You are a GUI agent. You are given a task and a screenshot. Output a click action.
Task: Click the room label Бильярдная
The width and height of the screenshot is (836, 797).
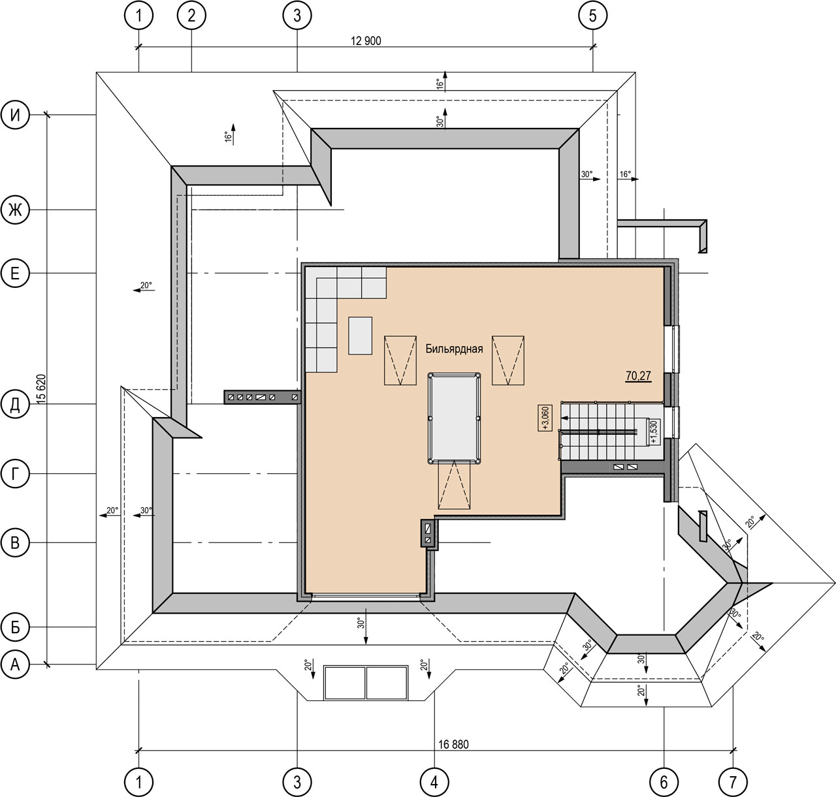tap(454, 349)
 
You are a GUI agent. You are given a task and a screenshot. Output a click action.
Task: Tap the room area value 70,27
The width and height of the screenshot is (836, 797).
tap(638, 375)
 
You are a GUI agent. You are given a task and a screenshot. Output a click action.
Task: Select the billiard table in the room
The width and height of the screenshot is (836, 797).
tap(454, 418)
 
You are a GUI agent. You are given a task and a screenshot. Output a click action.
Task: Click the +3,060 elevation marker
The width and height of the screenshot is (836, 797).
tap(545, 418)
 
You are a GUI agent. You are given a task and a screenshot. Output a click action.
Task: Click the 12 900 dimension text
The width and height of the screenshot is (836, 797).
tap(366, 41)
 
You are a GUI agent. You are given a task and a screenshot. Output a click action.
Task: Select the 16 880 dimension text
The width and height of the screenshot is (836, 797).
tap(453, 744)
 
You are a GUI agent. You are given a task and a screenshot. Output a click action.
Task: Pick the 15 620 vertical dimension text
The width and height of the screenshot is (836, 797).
tap(41, 389)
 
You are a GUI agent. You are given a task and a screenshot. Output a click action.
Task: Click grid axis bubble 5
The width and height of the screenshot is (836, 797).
tap(593, 16)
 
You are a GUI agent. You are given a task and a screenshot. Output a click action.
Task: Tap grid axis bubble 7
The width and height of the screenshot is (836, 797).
tap(733, 781)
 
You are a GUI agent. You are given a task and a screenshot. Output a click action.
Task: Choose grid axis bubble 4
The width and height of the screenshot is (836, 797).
tap(434, 781)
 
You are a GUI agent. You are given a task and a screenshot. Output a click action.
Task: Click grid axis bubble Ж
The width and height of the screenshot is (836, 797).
tap(15, 210)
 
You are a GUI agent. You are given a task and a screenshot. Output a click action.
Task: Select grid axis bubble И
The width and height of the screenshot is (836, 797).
tap(15, 115)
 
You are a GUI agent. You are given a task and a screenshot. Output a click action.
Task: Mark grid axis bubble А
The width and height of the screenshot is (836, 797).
tap(15, 664)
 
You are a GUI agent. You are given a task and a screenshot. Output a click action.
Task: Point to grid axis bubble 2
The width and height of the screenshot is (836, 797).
tap(191, 16)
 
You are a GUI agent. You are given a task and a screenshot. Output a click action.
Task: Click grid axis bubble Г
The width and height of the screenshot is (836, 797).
tap(15, 473)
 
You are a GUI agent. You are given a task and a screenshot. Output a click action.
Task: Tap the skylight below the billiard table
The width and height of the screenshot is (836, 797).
tap(455, 484)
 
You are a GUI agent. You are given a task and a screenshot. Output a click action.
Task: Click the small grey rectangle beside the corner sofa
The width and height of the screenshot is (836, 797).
tap(360, 336)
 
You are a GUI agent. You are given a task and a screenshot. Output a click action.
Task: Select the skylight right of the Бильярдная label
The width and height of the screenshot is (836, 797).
tap(508, 360)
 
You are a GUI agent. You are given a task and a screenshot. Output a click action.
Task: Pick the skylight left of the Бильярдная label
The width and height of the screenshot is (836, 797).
tap(400, 360)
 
